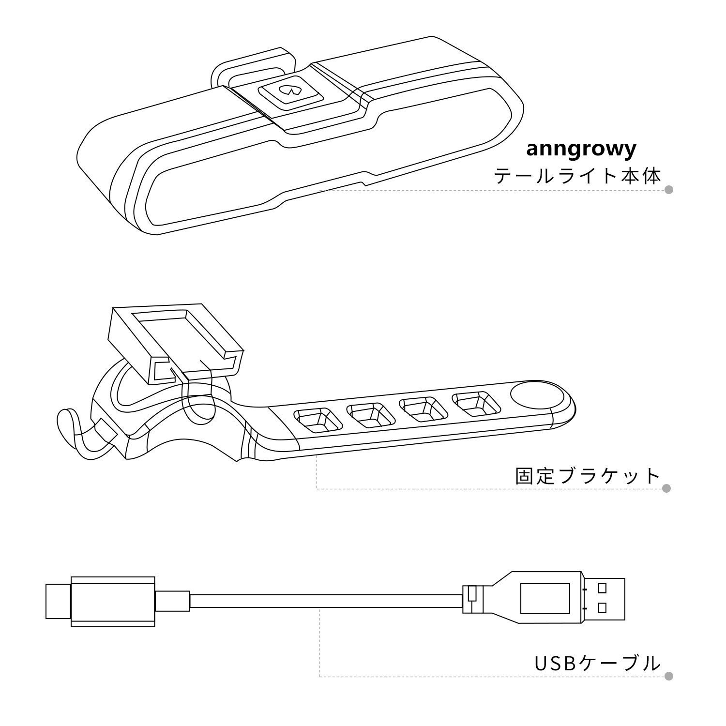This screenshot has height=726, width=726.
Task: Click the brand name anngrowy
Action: [x=580, y=150]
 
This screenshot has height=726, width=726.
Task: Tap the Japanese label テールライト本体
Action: [x=577, y=176]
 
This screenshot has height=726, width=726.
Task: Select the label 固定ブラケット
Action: [x=588, y=476]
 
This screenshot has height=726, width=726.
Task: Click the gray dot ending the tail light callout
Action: [x=669, y=190]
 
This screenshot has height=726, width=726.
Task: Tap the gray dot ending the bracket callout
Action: [x=666, y=488]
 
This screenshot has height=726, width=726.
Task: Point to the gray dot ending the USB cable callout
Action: [x=668, y=676]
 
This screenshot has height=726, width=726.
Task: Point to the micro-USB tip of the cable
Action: [x=58, y=601]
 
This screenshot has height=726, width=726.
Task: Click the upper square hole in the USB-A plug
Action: [x=603, y=588]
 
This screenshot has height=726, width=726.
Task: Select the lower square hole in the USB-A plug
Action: [x=603, y=607]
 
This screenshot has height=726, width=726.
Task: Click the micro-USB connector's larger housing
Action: [x=113, y=602]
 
